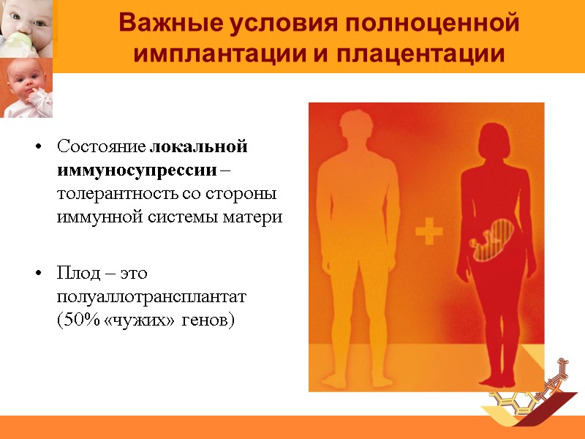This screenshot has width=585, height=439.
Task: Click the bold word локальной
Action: (x=199, y=146)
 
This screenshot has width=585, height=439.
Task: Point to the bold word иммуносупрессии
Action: (x=137, y=170)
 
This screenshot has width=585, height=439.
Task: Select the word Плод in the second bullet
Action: (x=75, y=274)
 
